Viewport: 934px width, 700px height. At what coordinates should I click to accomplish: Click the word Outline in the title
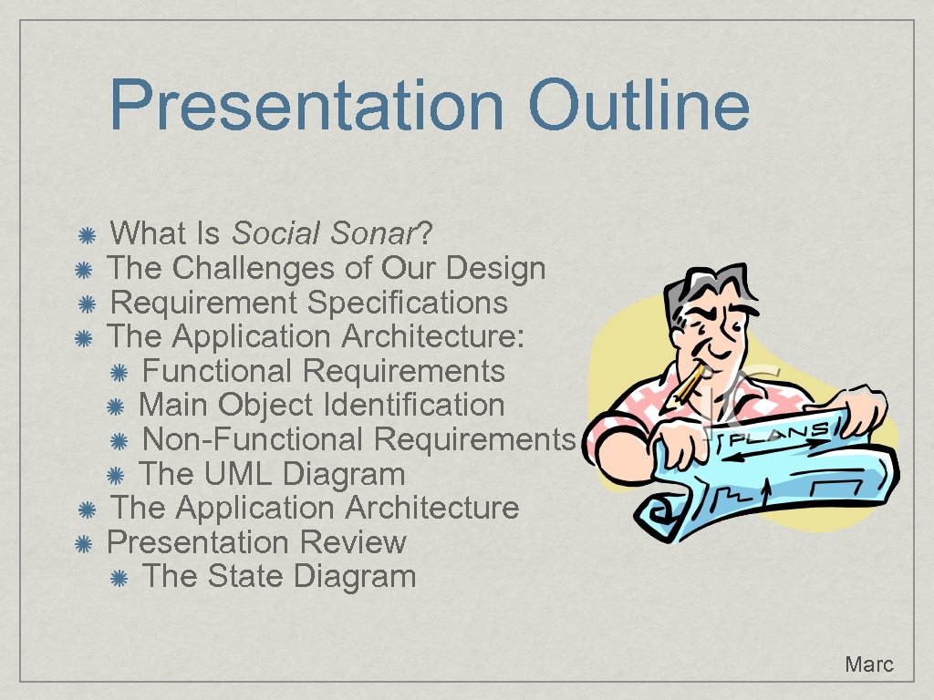(x=638, y=105)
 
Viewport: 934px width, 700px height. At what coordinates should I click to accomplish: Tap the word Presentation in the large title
(x=306, y=105)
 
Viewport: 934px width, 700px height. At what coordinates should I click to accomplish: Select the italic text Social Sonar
(x=324, y=234)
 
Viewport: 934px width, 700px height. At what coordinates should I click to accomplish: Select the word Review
(x=353, y=543)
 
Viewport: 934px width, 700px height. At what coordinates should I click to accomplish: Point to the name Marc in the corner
(x=868, y=664)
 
